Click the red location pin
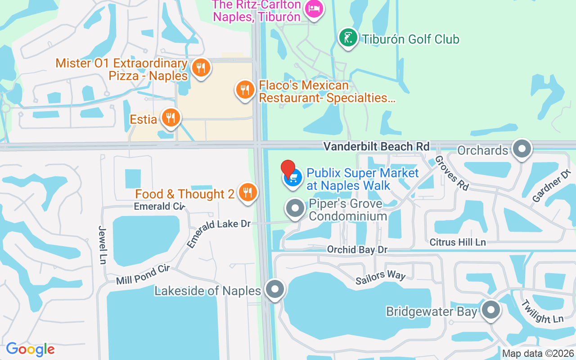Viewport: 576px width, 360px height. pos(288,169)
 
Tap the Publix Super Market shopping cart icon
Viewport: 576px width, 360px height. pos(293,178)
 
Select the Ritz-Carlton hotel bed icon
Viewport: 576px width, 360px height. pos(313,9)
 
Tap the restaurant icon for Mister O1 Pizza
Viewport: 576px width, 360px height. pos(201,68)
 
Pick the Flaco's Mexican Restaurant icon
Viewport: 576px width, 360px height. pos(245,90)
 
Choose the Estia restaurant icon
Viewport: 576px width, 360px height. pos(171,118)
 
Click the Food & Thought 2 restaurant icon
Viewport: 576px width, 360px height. pos(247,193)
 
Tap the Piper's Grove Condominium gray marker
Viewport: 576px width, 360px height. pos(296,209)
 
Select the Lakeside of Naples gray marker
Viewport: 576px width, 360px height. pos(275,289)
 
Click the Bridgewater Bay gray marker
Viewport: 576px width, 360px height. pos(491,310)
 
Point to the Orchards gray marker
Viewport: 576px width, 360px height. pos(522,148)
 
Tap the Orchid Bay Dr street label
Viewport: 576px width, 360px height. pos(357,249)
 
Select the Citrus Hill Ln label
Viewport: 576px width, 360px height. pos(458,242)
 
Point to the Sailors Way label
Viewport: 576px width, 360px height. pos(380,278)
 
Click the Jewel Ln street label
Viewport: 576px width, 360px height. pos(102,244)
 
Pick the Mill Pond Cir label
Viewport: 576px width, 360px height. pos(143,274)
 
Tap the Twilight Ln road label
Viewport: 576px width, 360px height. pos(542,311)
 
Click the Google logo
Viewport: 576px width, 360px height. pos(31,349)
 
